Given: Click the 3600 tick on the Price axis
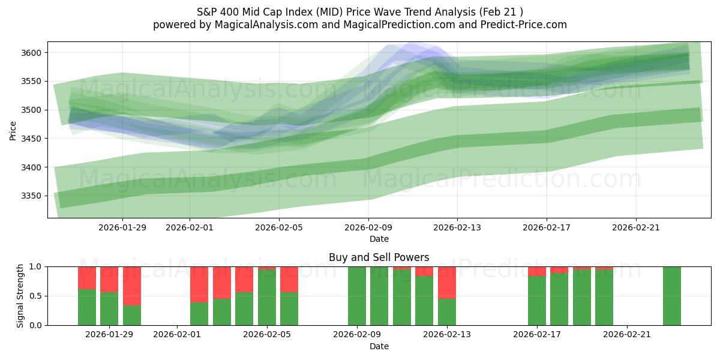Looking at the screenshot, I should pyautogui.click(x=33, y=53).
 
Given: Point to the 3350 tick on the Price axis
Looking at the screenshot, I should pyautogui.click(x=33, y=196).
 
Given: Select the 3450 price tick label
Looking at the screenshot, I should pyautogui.click(x=33, y=139).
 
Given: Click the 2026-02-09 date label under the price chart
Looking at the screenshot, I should pyautogui.click(x=368, y=227).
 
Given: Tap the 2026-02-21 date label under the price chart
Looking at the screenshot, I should pyautogui.click(x=636, y=227).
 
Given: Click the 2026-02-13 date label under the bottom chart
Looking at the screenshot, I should pyautogui.click(x=446, y=335).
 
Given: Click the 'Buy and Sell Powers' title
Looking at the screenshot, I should pyautogui.click(x=379, y=257).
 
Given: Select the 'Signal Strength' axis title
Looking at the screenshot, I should pyautogui.click(x=21, y=296).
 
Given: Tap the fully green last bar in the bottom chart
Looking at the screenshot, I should pyautogui.click(x=671, y=296).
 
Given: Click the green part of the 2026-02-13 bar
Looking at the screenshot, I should pyautogui.click(x=447, y=312).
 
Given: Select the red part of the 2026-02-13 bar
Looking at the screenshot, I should pyautogui.click(x=447, y=282).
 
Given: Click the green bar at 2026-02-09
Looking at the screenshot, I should pyautogui.click(x=357, y=296).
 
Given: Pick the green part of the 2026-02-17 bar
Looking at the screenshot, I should pyautogui.click(x=537, y=301).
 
